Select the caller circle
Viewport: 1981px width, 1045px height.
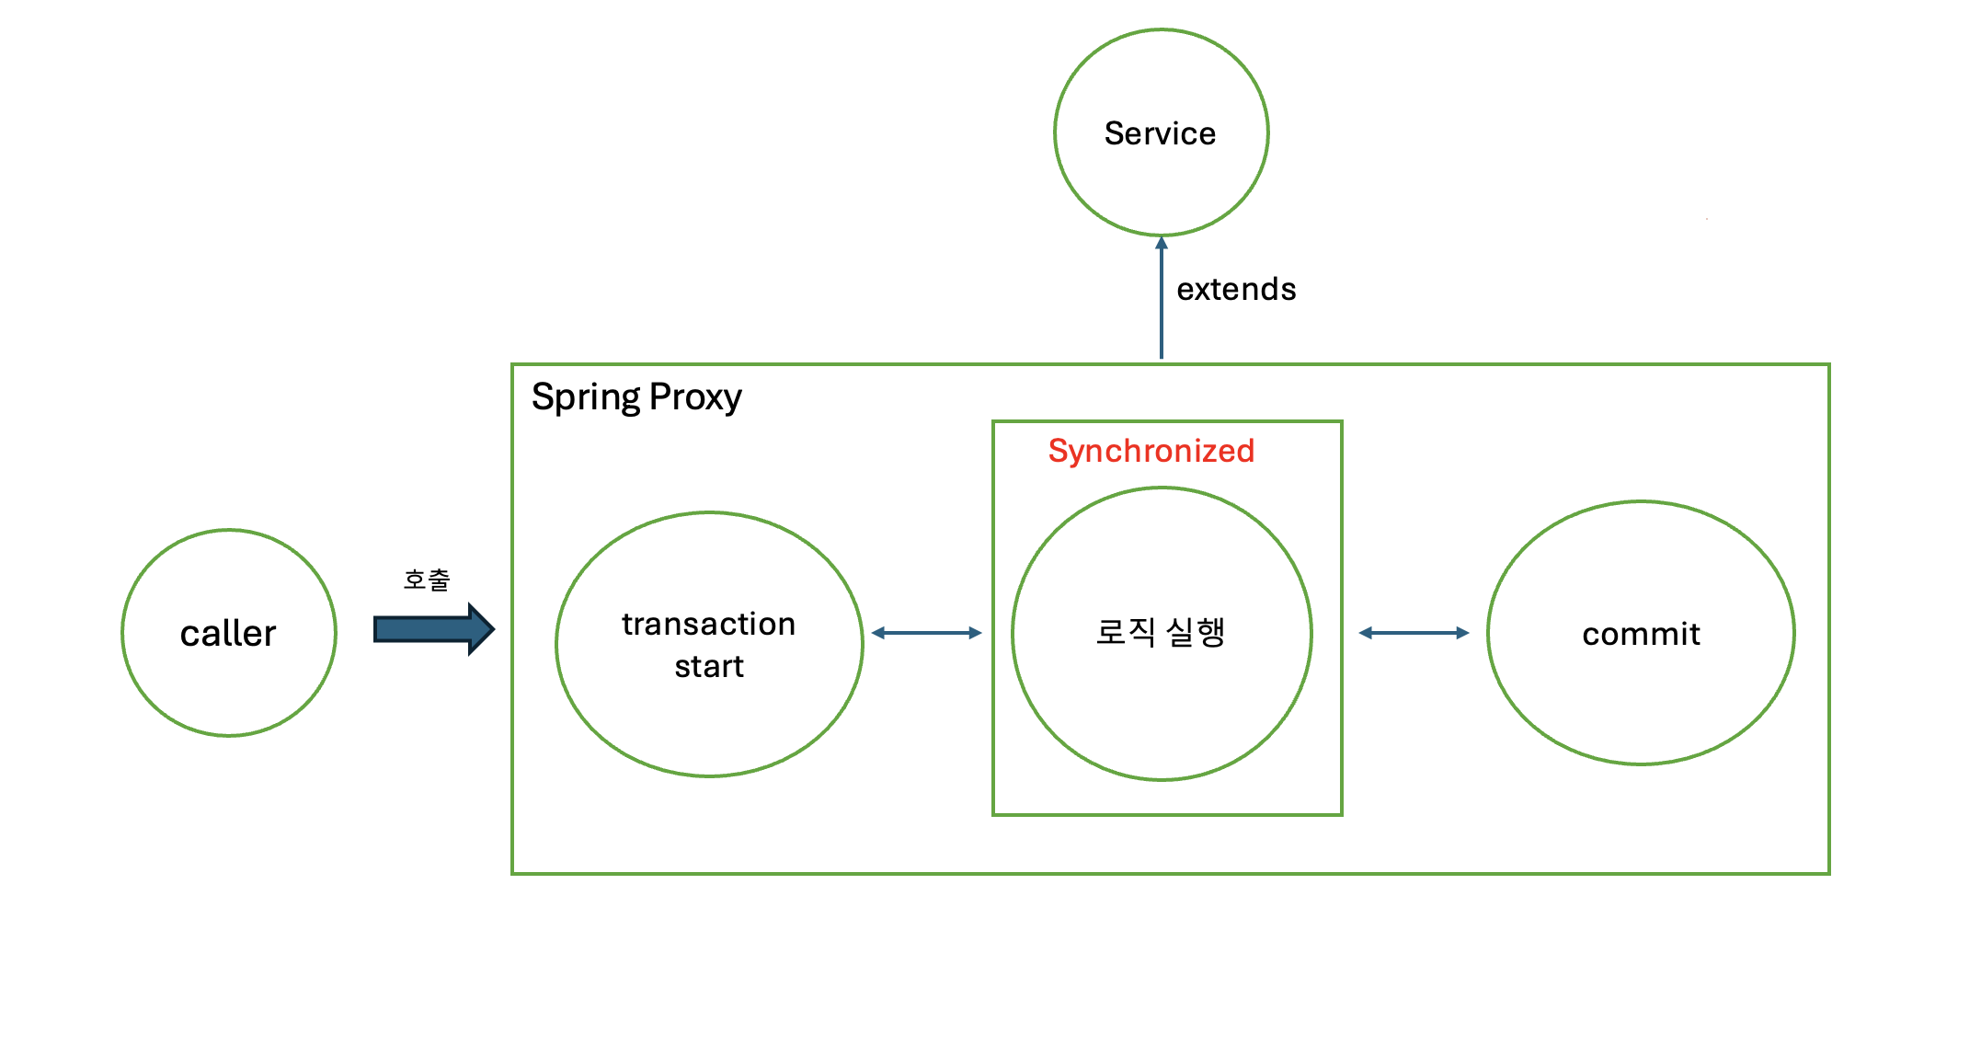(229, 681)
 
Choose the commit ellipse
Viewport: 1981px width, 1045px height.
(1641, 699)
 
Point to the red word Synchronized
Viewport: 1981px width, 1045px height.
(1151, 451)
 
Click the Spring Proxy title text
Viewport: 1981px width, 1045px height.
(636, 397)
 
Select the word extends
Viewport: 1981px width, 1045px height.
(1236, 289)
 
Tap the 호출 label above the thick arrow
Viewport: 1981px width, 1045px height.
(427, 580)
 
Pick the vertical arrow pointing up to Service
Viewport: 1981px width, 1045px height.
(1162, 304)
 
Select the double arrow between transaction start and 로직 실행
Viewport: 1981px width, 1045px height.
(927, 633)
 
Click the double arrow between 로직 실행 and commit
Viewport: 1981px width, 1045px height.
(1414, 633)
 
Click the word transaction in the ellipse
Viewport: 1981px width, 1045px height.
(708, 624)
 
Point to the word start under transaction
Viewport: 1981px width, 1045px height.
(709, 666)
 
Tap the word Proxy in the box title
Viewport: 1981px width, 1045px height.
(695, 397)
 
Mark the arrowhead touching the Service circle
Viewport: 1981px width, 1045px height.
(1162, 243)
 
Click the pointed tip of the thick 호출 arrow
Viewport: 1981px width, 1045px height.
(491, 629)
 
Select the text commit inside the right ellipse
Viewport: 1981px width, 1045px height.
(1641, 634)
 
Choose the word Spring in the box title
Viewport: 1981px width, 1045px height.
(586, 397)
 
